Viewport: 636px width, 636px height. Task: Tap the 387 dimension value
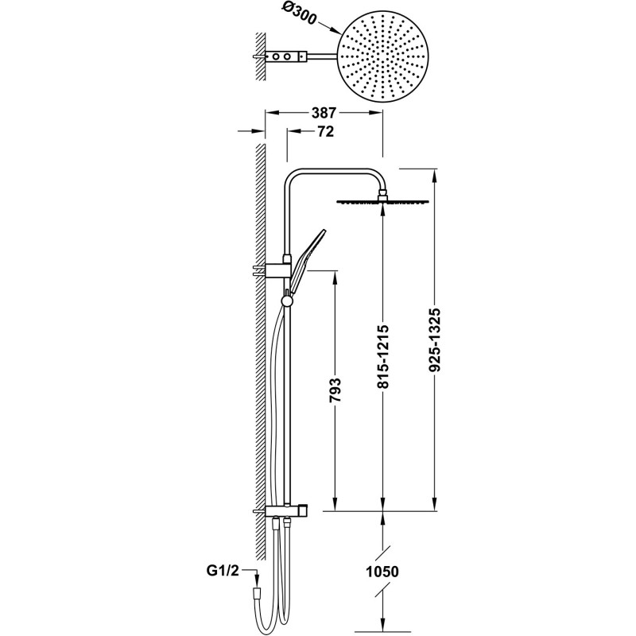pos(324,113)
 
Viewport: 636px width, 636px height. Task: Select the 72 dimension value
pos(324,131)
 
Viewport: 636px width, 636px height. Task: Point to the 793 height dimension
pos(335,390)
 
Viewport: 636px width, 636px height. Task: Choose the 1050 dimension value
pos(382,572)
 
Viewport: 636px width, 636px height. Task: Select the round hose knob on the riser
pos(286,301)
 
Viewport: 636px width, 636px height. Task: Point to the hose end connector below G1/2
pos(256,591)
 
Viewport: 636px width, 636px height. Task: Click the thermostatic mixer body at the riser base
pos(287,510)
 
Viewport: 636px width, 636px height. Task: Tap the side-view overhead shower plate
pos(383,202)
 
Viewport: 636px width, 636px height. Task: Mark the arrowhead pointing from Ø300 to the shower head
pos(335,31)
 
